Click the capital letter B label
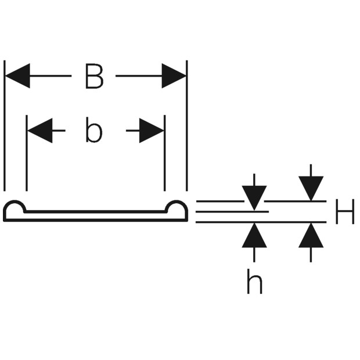(94, 76)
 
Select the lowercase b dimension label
(93, 129)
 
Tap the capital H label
(344, 211)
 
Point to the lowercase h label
(254, 282)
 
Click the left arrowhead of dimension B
(17, 75)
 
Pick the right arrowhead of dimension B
(174, 75)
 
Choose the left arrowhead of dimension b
(40, 131)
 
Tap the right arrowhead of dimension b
(152, 131)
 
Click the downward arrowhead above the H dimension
(311, 189)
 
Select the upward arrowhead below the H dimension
(311, 235)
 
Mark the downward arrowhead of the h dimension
(254, 198)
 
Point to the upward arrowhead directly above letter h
(254, 235)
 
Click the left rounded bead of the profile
(15, 201)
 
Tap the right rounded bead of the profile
(177, 201)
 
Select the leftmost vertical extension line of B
(5, 125)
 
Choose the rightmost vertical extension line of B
(187, 125)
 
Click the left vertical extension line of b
(27, 153)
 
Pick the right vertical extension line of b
(165, 153)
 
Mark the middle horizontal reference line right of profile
(232, 212)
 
